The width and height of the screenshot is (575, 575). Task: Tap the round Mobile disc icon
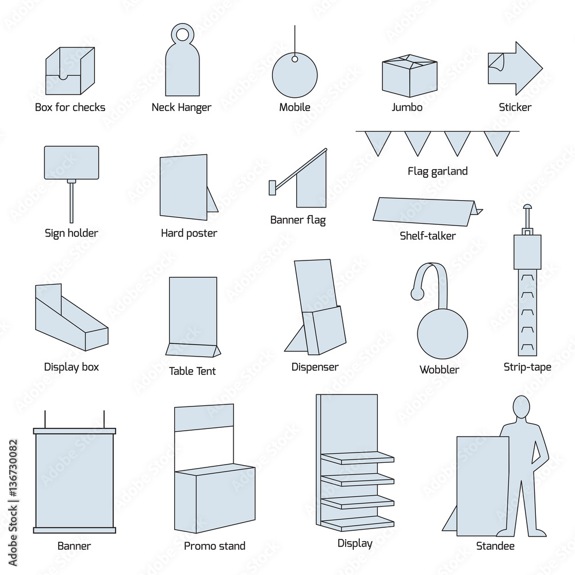click(294, 78)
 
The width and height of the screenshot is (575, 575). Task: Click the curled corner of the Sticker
click(495, 60)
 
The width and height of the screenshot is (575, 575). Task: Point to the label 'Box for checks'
click(70, 108)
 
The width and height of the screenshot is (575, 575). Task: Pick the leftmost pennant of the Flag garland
click(378, 142)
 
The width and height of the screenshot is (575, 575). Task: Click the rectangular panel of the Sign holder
click(71, 163)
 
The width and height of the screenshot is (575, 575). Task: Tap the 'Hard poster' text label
click(189, 233)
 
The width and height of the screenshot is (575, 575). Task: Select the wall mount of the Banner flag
click(272, 187)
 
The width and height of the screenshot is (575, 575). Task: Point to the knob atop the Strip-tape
click(527, 207)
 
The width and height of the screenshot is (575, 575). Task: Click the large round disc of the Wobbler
click(442, 334)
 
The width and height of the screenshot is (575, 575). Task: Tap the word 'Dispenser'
click(315, 367)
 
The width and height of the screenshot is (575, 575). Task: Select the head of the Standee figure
click(521, 407)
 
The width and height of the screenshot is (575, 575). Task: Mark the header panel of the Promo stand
click(204, 418)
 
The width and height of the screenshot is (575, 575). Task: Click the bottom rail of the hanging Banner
click(74, 530)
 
